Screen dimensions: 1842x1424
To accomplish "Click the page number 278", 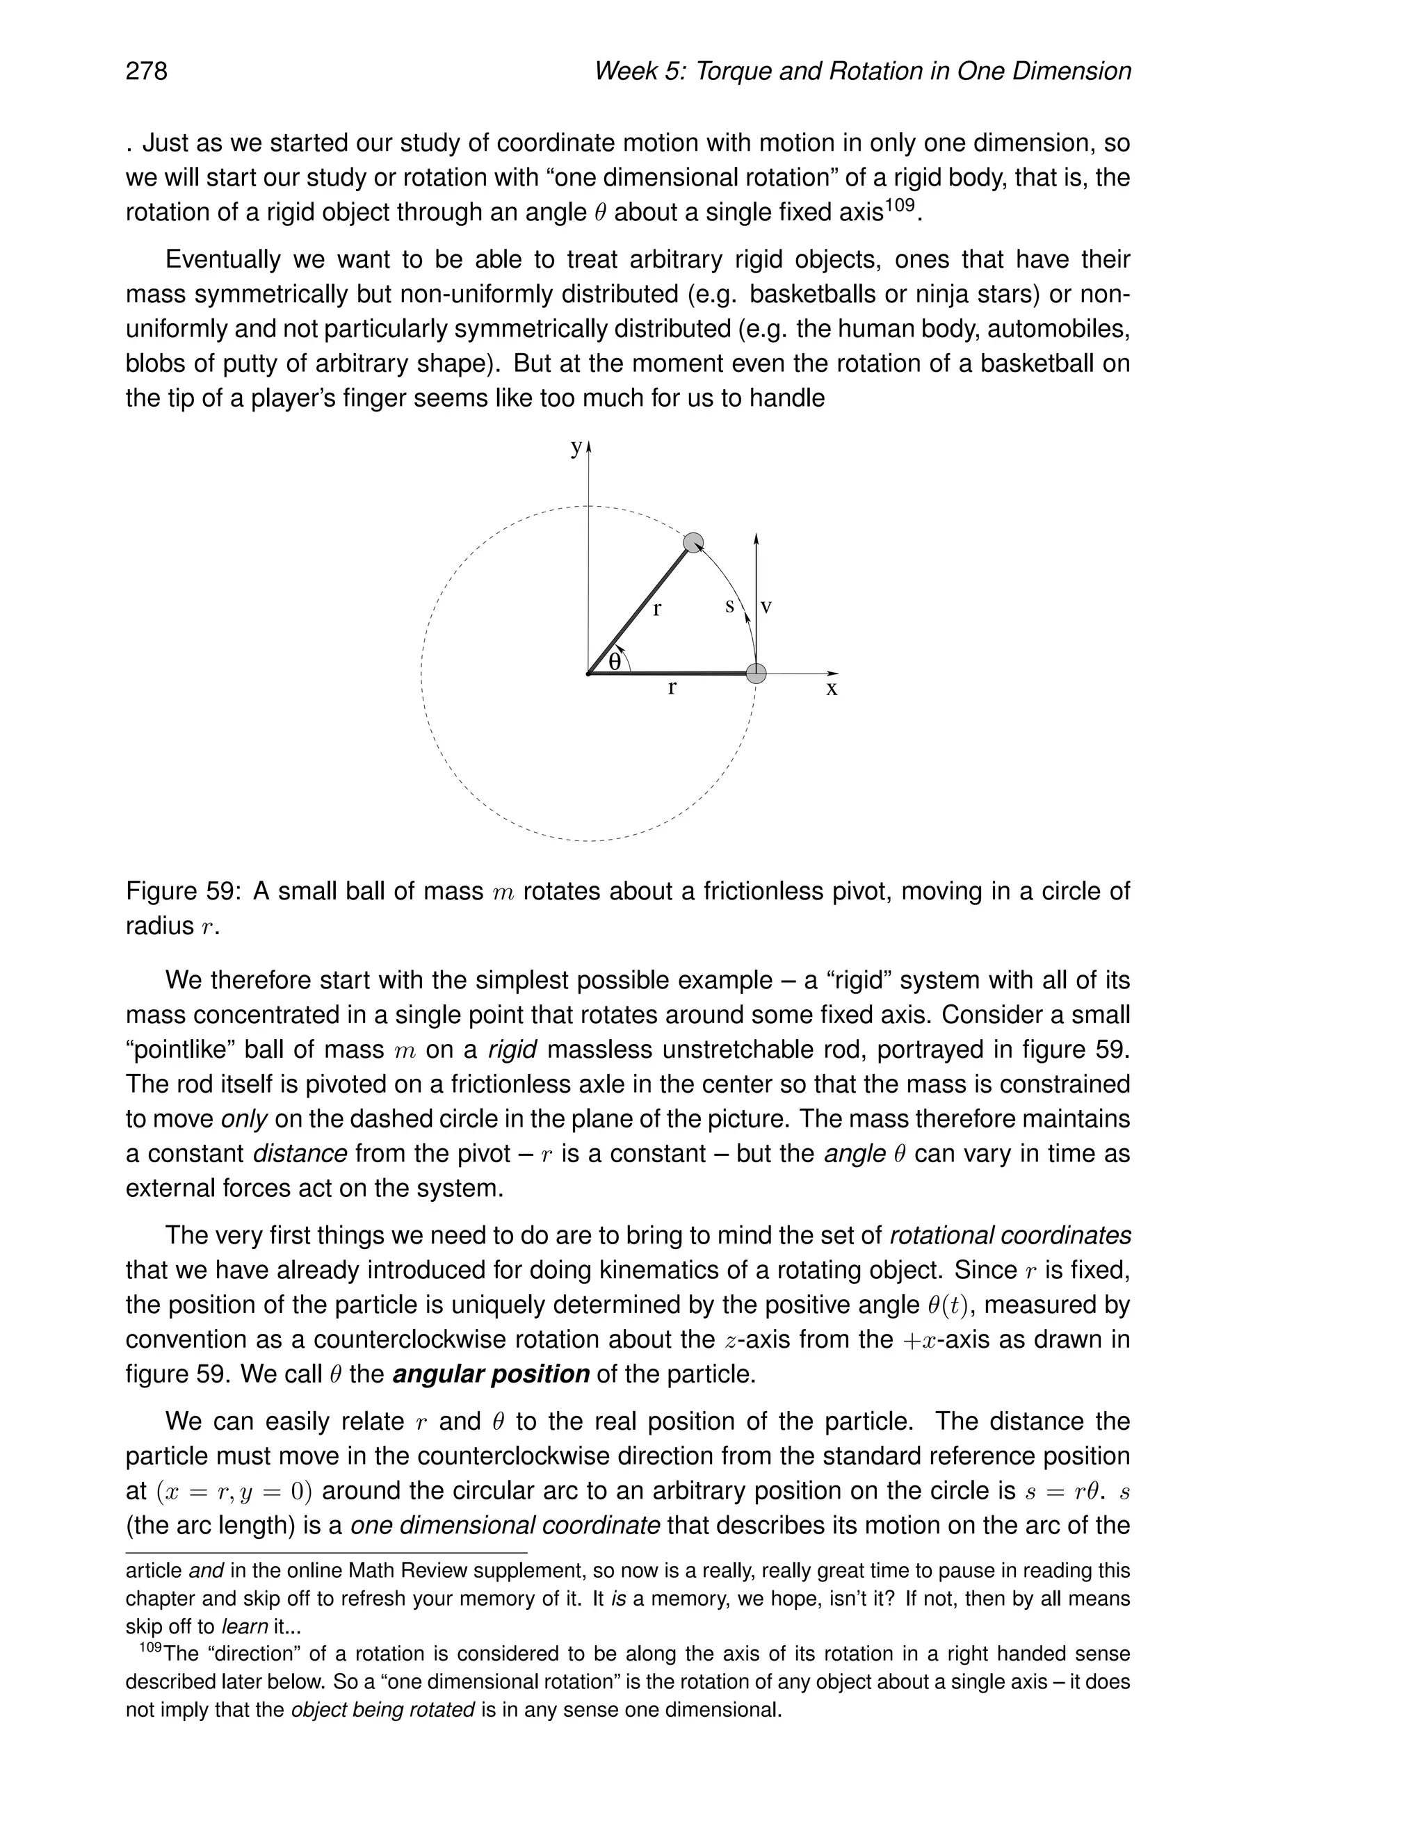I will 147,71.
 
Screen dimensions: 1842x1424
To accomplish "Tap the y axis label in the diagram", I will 576,448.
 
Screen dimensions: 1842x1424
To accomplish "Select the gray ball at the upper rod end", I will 693,542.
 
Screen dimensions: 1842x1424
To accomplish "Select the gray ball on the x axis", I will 756,673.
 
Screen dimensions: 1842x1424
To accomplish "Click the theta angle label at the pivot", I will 615,663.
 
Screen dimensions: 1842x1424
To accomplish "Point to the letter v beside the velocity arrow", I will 767,605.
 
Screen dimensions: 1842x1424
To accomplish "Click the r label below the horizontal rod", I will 672,689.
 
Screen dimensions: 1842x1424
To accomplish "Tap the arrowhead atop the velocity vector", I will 756,538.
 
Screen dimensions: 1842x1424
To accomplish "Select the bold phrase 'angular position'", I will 491,1374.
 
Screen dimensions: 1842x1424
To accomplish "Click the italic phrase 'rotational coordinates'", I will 1010,1236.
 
